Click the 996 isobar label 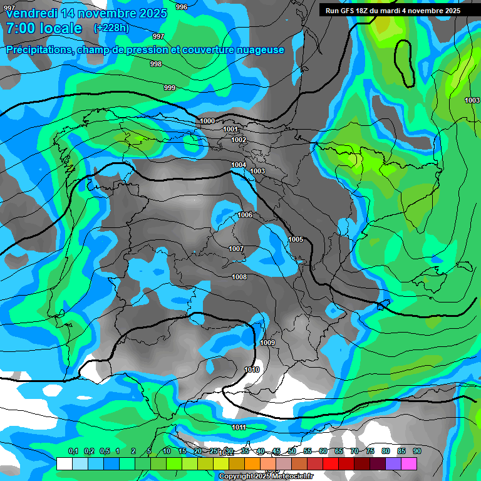tap(182, 7)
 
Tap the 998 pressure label tap(156, 64)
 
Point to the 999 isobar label tap(170, 88)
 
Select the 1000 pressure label tap(207, 121)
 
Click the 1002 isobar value tap(239, 140)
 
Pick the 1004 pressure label tap(239, 165)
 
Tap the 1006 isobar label tap(245, 215)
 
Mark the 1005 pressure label tap(296, 240)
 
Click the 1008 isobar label tap(239, 277)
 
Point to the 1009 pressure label tap(267, 343)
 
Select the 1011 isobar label tap(239, 427)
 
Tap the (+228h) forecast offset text tap(111, 28)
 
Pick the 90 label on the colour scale tap(417, 451)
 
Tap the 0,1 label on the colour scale tap(73, 451)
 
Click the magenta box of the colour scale tap(409, 463)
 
